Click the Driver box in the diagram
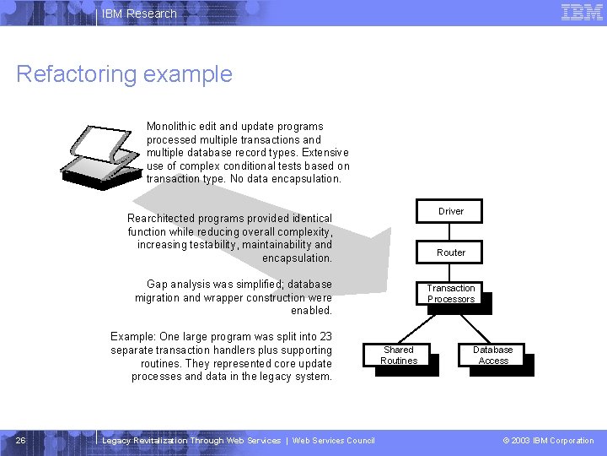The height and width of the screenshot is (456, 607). (x=450, y=211)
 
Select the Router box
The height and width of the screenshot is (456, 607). (x=450, y=252)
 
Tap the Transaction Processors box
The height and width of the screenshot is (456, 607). (x=450, y=294)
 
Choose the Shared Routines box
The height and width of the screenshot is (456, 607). (x=399, y=356)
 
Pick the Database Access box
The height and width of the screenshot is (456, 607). (x=492, y=356)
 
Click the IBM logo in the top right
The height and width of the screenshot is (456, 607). (x=582, y=13)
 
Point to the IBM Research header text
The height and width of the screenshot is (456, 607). (x=139, y=14)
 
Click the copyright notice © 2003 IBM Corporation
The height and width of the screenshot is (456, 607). (x=548, y=441)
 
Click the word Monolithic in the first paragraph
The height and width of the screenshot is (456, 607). (x=173, y=127)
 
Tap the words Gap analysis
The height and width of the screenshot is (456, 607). (x=177, y=285)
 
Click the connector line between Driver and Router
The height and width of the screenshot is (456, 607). (x=450, y=231)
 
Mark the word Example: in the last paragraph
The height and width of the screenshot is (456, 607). (x=133, y=337)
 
